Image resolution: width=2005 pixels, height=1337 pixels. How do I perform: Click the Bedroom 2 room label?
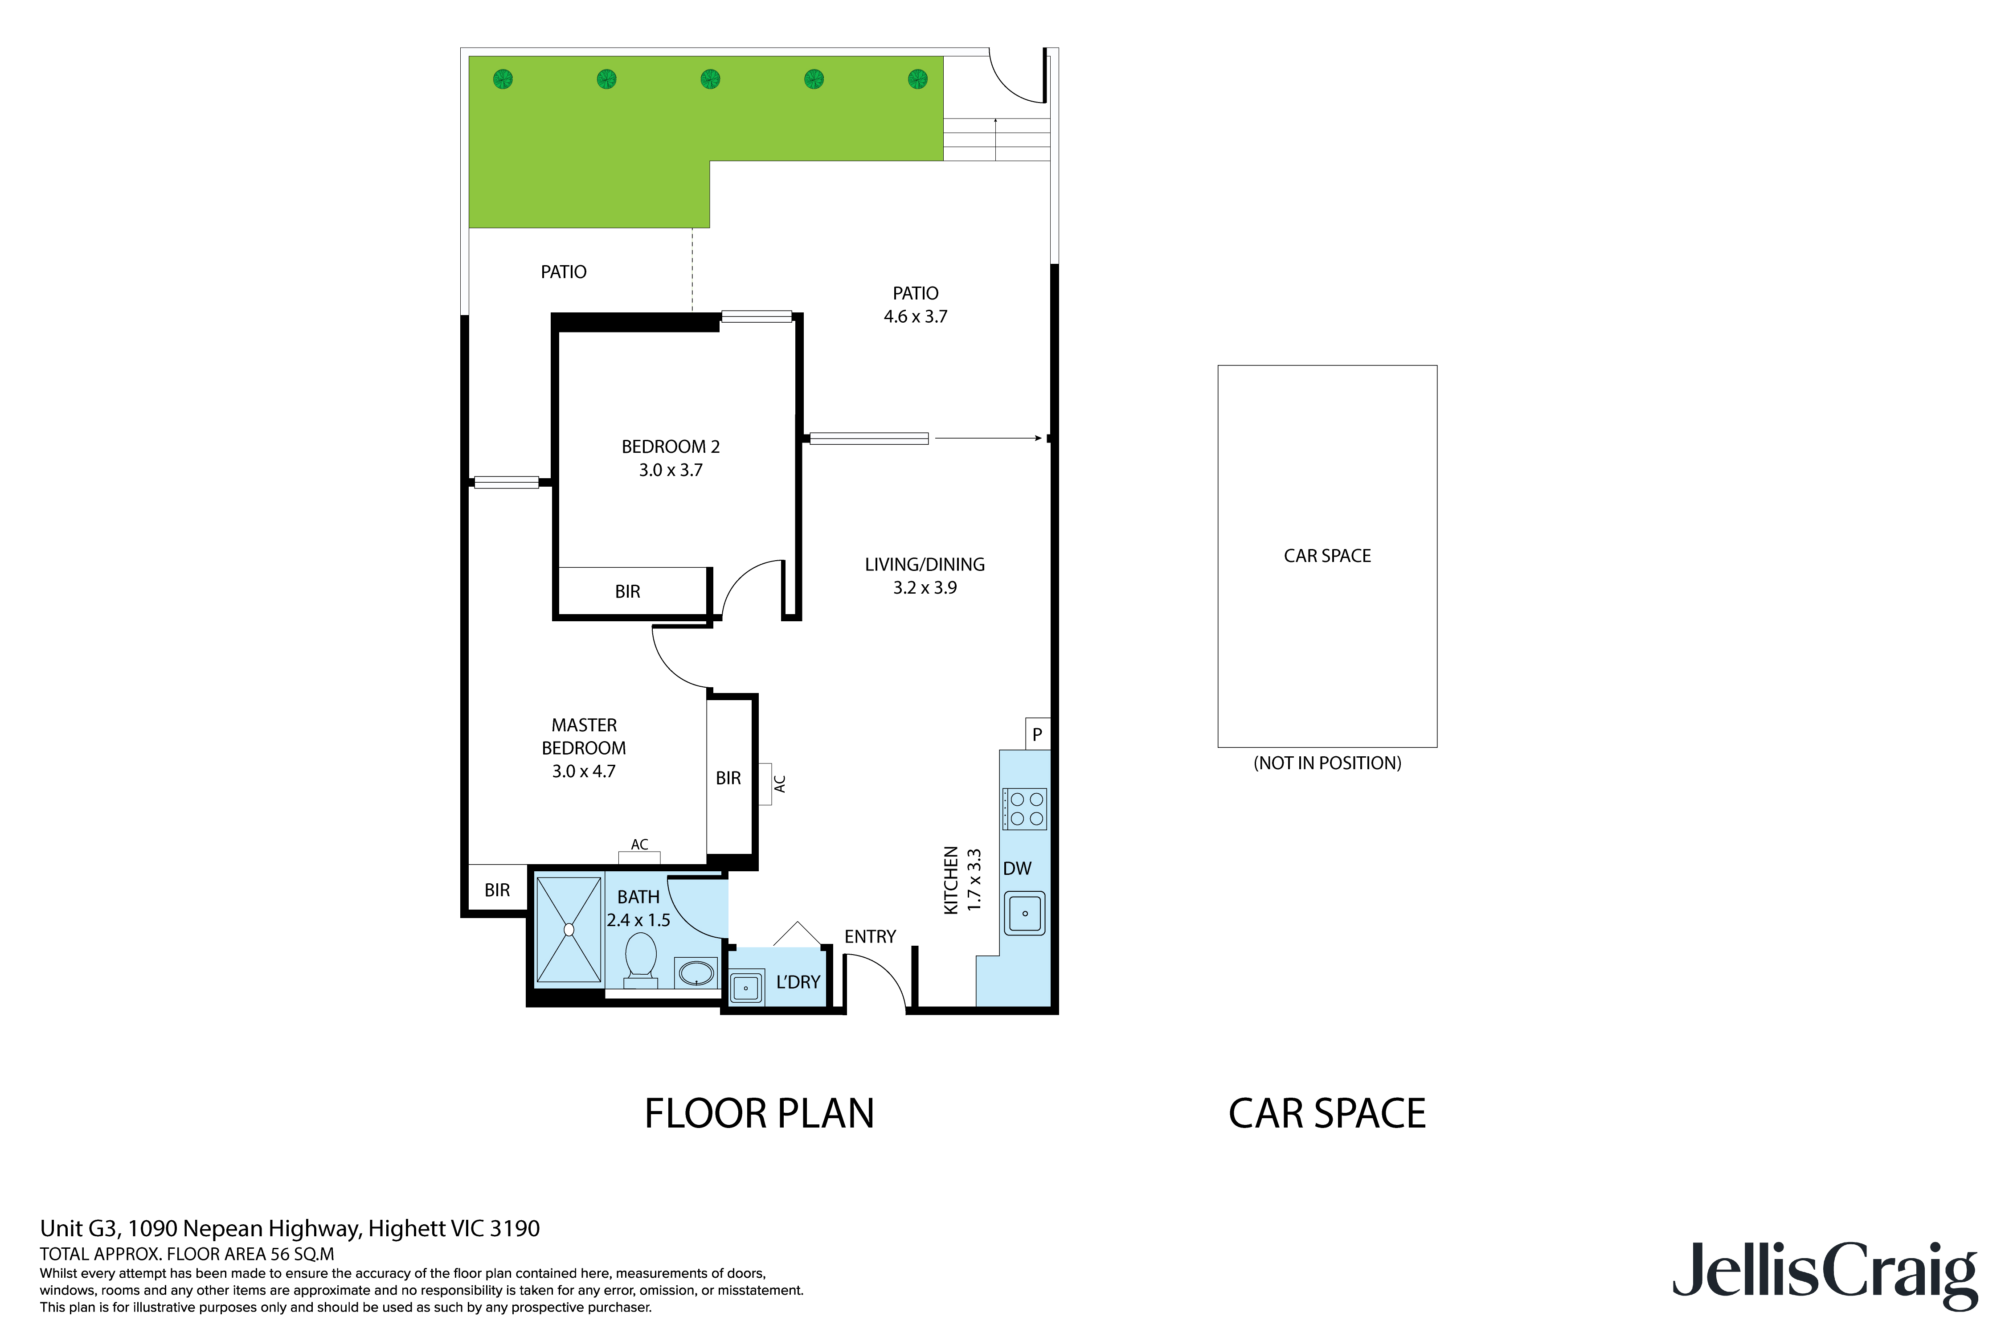point(670,447)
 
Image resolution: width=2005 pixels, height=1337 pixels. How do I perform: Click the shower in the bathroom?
point(569,929)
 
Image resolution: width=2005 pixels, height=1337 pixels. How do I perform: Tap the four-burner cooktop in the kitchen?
point(1025,808)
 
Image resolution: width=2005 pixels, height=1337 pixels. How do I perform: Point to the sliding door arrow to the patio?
point(989,438)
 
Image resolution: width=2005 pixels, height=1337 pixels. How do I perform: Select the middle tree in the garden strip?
point(710,79)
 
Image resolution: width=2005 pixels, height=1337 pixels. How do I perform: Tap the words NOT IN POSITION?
point(1326,763)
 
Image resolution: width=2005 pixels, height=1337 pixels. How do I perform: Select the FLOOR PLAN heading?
point(759,1114)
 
